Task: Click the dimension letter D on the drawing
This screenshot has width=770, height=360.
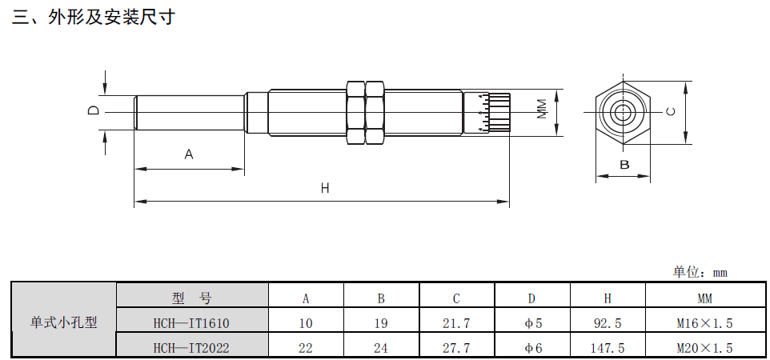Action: (94, 111)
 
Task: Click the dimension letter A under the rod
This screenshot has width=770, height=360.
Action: (189, 154)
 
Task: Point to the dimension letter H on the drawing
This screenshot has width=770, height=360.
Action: (325, 189)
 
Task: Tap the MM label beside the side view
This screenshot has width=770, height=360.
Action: (542, 110)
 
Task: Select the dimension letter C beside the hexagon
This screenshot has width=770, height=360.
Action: (672, 112)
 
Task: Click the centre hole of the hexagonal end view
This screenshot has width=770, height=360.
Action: (622, 112)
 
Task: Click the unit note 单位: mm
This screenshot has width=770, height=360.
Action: (700, 272)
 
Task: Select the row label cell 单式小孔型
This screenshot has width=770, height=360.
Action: (64, 323)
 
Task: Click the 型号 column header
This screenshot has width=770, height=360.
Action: (191, 298)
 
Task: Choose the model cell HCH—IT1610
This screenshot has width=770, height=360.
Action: (191, 323)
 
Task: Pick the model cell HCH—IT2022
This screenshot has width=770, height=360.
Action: (191, 347)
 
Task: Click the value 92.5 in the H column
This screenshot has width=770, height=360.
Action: (608, 323)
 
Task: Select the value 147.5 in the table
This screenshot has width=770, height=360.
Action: (608, 347)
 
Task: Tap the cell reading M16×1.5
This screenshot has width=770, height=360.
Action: (704, 323)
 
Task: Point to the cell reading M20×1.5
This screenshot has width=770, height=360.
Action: (704, 347)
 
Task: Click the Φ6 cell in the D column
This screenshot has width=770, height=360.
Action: (533, 347)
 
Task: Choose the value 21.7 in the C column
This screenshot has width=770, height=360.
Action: (456, 323)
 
